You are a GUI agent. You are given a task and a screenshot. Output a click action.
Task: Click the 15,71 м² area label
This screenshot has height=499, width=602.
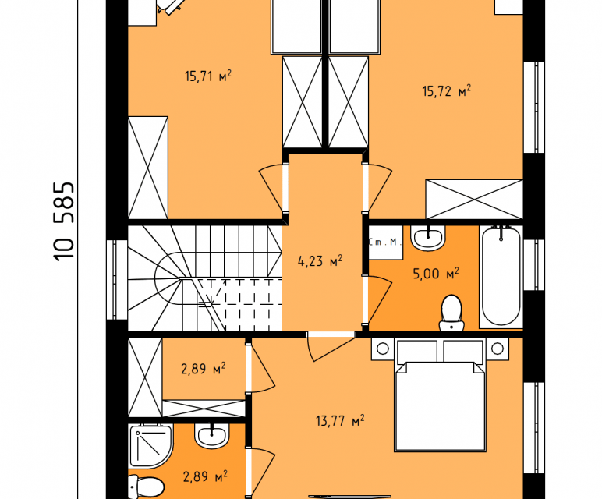click(x=208, y=76)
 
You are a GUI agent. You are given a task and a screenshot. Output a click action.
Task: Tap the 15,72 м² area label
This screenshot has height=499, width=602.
click(x=447, y=91)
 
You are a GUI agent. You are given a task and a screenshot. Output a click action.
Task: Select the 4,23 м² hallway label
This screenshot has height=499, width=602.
click(x=320, y=261)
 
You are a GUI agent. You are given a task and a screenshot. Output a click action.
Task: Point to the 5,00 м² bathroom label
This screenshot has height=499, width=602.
click(x=436, y=274)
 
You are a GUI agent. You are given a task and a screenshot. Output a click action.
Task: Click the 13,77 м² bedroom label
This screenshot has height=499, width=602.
click(x=340, y=421)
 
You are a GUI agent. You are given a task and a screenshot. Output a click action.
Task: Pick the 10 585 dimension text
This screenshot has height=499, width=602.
click(x=64, y=221)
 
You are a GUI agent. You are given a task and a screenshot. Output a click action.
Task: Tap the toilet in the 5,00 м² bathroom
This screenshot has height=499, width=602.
click(x=451, y=313)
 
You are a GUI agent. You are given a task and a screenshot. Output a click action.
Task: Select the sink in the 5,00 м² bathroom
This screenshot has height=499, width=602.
click(x=427, y=238)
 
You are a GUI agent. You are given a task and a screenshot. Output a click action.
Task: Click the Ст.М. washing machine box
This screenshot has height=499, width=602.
click(x=385, y=242)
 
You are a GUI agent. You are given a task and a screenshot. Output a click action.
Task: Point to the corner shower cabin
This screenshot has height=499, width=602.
click(x=150, y=446)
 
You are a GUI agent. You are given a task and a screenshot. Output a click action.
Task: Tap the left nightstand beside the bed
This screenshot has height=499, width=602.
click(x=382, y=349)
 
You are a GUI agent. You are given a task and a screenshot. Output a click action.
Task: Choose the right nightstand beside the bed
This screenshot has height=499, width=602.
click(x=498, y=349)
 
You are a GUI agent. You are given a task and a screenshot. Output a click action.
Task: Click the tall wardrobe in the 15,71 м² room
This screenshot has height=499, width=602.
click(x=148, y=168)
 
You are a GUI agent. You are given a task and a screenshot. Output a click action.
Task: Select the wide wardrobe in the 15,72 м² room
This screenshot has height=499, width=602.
click(x=474, y=200)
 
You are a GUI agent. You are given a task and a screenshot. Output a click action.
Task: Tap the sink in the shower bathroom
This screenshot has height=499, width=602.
click(x=211, y=435)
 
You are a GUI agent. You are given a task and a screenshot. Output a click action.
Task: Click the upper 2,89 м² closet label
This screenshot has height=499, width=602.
click(x=203, y=369)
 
